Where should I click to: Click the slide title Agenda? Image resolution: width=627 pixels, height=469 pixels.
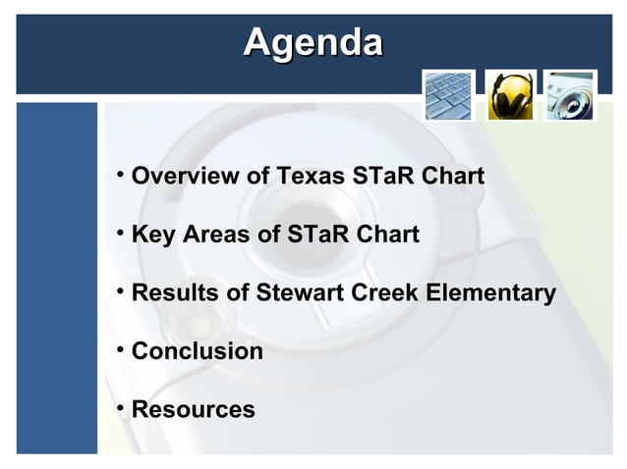pyautogui.click(x=313, y=42)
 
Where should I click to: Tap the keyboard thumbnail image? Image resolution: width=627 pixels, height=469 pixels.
pyautogui.click(x=448, y=95)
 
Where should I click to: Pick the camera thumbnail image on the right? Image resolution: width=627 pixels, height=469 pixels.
pyautogui.click(x=571, y=95)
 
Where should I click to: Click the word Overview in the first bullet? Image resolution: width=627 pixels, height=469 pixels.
pyautogui.click(x=185, y=178)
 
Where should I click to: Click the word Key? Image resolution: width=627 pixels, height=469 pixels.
pyautogui.click(x=150, y=235)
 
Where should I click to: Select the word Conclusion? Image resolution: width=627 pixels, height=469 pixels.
pyautogui.click(x=197, y=351)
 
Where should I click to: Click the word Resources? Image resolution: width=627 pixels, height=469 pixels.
pyautogui.click(x=193, y=409)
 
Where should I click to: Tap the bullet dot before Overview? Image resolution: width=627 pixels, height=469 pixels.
pyautogui.click(x=118, y=175)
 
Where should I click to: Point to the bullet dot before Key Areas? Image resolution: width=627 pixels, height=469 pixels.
pyautogui.click(x=118, y=233)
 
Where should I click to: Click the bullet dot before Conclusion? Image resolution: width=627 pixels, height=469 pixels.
pyautogui.click(x=118, y=348)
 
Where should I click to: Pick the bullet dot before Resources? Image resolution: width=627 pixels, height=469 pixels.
pyautogui.click(x=118, y=406)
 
